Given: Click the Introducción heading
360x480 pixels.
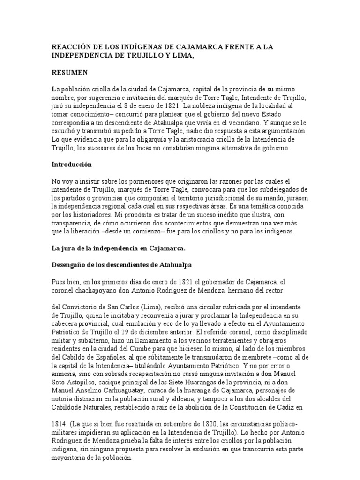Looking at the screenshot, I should (x=72, y=165).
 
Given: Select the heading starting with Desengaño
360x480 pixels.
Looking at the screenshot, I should (x=120, y=265).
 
